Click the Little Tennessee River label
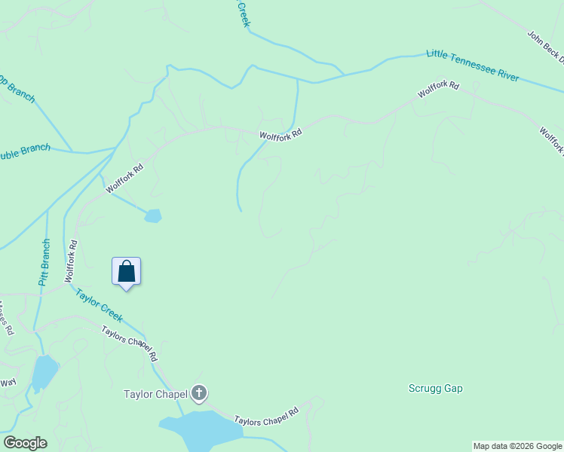coord(473,65)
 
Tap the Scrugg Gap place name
coord(435,389)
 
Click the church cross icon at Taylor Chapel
coord(199,392)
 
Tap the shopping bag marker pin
coord(127,272)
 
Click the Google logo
coord(25,443)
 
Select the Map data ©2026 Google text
coord(517,446)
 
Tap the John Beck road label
coord(544,47)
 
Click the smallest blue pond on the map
coord(153,216)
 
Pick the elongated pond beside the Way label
coord(44,372)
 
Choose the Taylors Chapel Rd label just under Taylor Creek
coord(129,344)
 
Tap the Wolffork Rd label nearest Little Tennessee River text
coord(439,91)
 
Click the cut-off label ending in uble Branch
coord(25,151)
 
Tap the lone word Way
coord(8,383)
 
